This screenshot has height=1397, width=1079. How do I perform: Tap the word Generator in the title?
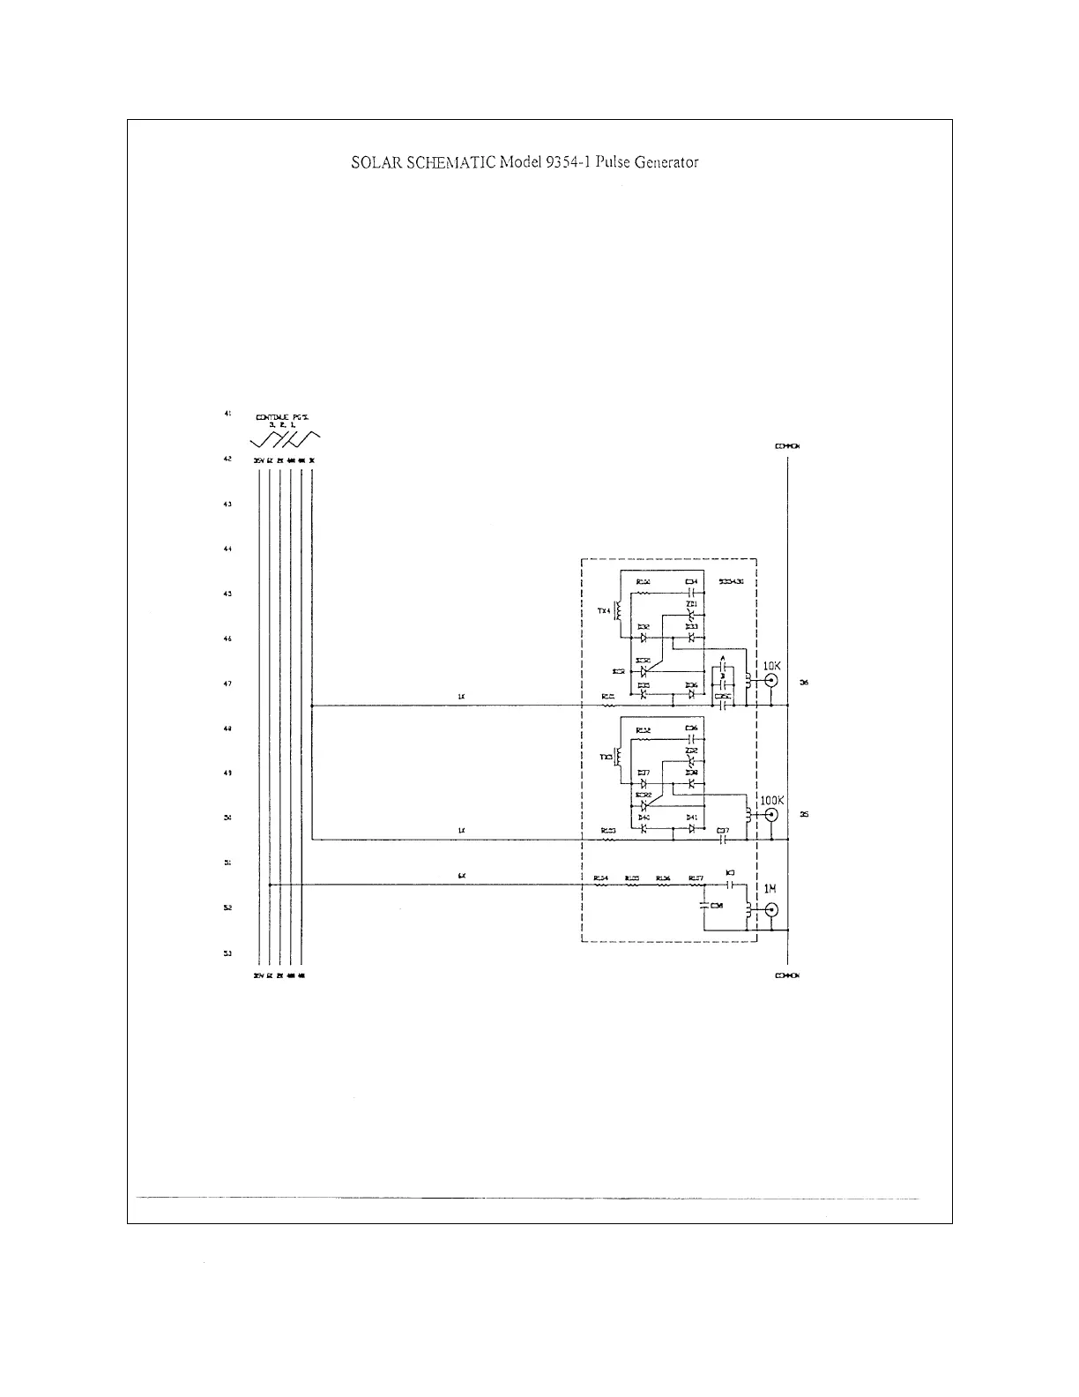(x=662, y=162)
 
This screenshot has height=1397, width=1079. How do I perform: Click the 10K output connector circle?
(x=771, y=681)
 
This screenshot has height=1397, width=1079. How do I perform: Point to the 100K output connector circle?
(x=771, y=815)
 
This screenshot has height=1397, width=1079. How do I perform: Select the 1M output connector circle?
(x=771, y=910)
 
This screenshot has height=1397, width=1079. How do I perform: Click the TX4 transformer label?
(x=604, y=610)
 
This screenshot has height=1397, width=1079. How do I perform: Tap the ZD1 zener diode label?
(x=691, y=603)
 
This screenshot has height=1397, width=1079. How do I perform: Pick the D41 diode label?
(x=692, y=818)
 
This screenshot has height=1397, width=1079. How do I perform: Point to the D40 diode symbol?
(x=644, y=828)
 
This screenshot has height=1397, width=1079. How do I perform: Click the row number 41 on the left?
(x=227, y=413)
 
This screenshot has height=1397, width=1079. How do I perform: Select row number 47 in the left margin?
(x=227, y=683)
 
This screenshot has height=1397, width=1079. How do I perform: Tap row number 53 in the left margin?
(x=227, y=952)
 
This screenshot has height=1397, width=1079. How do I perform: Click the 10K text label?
(x=771, y=666)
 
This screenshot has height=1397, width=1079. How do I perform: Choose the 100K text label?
(x=771, y=800)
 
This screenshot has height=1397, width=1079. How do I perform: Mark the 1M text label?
(x=770, y=889)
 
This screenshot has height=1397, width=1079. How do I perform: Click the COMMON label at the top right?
(x=787, y=446)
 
